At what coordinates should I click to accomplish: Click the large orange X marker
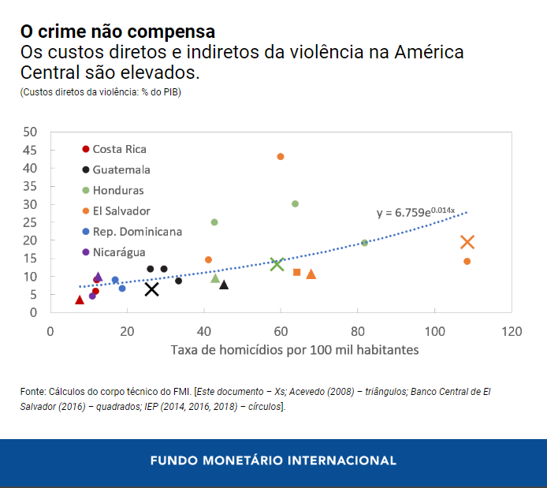(x=467, y=242)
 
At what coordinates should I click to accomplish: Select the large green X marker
(x=277, y=264)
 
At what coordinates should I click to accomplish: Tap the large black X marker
(x=152, y=289)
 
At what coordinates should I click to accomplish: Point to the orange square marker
(x=297, y=272)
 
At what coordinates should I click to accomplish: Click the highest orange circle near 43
(x=281, y=157)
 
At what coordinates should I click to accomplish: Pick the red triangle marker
(x=80, y=300)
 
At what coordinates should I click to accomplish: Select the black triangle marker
(x=224, y=285)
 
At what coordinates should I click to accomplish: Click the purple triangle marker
(x=99, y=277)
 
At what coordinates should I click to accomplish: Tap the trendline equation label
(x=416, y=212)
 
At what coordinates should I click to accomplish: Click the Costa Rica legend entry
(x=118, y=149)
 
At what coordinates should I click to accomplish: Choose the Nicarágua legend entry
(x=118, y=252)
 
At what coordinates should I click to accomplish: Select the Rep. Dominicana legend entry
(x=136, y=232)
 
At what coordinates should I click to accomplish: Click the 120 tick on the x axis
(x=512, y=330)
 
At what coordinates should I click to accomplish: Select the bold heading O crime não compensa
(x=117, y=32)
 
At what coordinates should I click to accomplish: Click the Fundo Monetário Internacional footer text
(x=273, y=460)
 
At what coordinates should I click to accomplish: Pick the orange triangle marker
(x=311, y=274)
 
